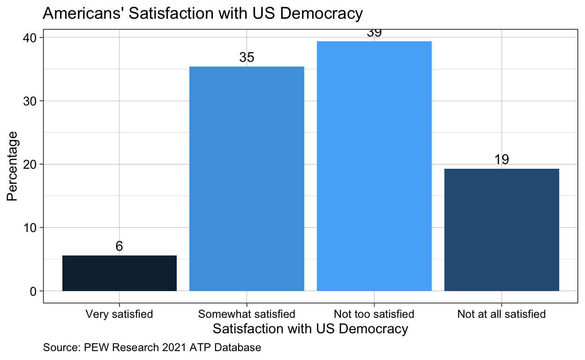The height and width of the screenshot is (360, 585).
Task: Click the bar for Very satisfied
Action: click(x=120, y=273)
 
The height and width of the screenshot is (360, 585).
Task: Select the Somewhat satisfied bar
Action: click(x=247, y=179)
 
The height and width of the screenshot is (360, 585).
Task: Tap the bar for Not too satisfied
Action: click(x=374, y=166)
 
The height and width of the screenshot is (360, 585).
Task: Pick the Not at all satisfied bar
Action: click(x=502, y=230)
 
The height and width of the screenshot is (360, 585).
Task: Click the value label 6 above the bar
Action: click(x=120, y=247)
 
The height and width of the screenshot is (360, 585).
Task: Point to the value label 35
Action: click(x=247, y=58)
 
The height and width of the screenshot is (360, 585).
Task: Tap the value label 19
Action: click(x=502, y=159)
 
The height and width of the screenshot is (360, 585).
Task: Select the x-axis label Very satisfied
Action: click(x=120, y=314)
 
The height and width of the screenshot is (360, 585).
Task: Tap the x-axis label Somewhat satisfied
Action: click(x=247, y=314)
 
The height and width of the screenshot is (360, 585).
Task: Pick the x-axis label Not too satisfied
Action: click(x=374, y=314)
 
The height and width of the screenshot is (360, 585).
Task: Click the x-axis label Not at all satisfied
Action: click(x=502, y=314)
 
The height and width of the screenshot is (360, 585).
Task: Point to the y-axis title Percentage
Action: click(x=13, y=166)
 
